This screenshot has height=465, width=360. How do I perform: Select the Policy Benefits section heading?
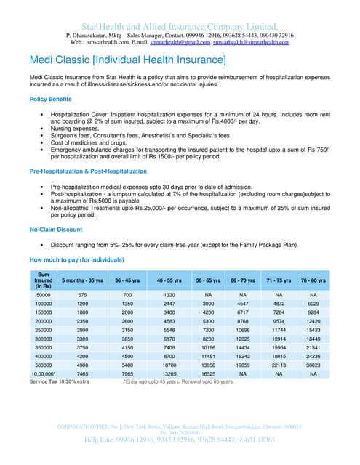(x=50, y=99)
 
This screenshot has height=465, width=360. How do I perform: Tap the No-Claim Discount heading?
(x=55, y=230)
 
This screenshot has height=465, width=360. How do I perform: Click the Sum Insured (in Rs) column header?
(x=43, y=280)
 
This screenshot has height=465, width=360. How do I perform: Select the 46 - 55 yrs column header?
(x=169, y=280)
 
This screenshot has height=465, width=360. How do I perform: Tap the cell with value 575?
(x=83, y=295)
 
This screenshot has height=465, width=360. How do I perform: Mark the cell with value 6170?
(x=169, y=339)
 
